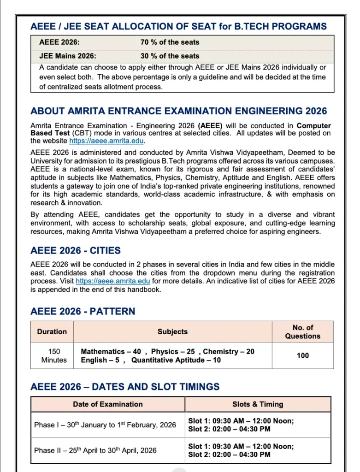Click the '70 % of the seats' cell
[x=170, y=42]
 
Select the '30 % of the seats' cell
[x=170, y=56]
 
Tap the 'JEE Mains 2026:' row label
[x=68, y=56]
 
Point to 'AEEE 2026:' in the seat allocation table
[x=59, y=42]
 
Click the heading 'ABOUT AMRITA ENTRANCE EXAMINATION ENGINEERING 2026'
[x=178, y=111]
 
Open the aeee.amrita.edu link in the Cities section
[x=113, y=281]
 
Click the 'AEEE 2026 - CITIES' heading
[x=76, y=251]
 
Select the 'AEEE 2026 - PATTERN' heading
[x=83, y=311]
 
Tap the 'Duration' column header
[x=52, y=331]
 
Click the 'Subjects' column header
[x=172, y=331]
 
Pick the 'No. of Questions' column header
[x=302, y=331]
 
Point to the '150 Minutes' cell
[x=54, y=355]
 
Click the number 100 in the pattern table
[x=302, y=355]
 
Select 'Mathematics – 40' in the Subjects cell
[x=111, y=351]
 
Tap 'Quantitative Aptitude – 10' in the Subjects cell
[x=176, y=360]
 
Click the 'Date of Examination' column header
[x=108, y=404]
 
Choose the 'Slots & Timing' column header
[x=258, y=404]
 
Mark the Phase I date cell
[x=105, y=425]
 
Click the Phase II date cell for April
[x=95, y=450]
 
